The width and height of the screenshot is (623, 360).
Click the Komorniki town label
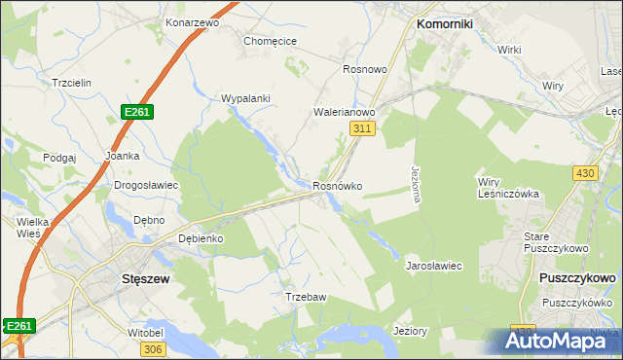(x=444, y=23)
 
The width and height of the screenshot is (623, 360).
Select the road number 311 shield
(x=363, y=128)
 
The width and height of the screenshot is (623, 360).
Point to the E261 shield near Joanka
(x=136, y=113)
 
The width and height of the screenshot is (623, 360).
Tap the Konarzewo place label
(x=192, y=21)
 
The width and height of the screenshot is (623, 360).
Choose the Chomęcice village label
(x=270, y=41)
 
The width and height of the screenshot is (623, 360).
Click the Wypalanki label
(x=245, y=99)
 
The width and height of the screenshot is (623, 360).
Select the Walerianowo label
(x=345, y=112)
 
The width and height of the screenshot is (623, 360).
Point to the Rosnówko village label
(x=338, y=186)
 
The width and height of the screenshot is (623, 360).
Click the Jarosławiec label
(x=433, y=265)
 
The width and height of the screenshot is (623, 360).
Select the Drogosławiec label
(x=146, y=184)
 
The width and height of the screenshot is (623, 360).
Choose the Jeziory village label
(x=409, y=331)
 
